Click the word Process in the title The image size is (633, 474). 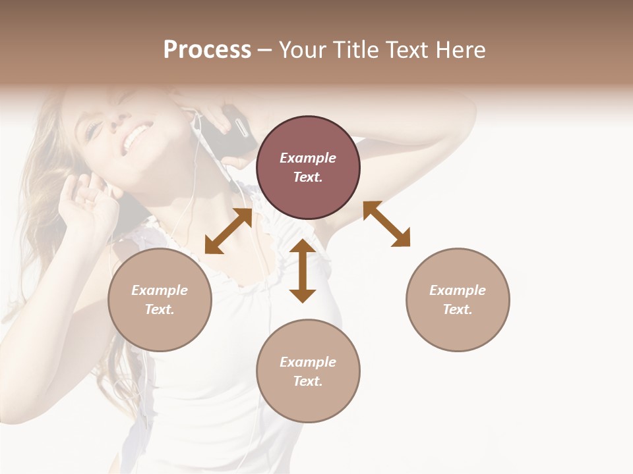click(x=207, y=49)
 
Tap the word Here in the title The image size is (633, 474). click(x=461, y=49)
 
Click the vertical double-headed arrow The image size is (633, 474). click(x=303, y=271)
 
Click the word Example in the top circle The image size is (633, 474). click(x=308, y=158)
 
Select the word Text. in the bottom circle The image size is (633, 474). click(x=308, y=381)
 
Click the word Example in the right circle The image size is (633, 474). click(x=458, y=290)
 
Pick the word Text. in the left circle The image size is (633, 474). click(x=160, y=309)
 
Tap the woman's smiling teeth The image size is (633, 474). click(x=136, y=138)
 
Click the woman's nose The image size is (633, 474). click(x=117, y=118)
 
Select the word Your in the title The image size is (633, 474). click(x=302, y=49)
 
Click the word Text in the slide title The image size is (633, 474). click(x=406, y=49)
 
